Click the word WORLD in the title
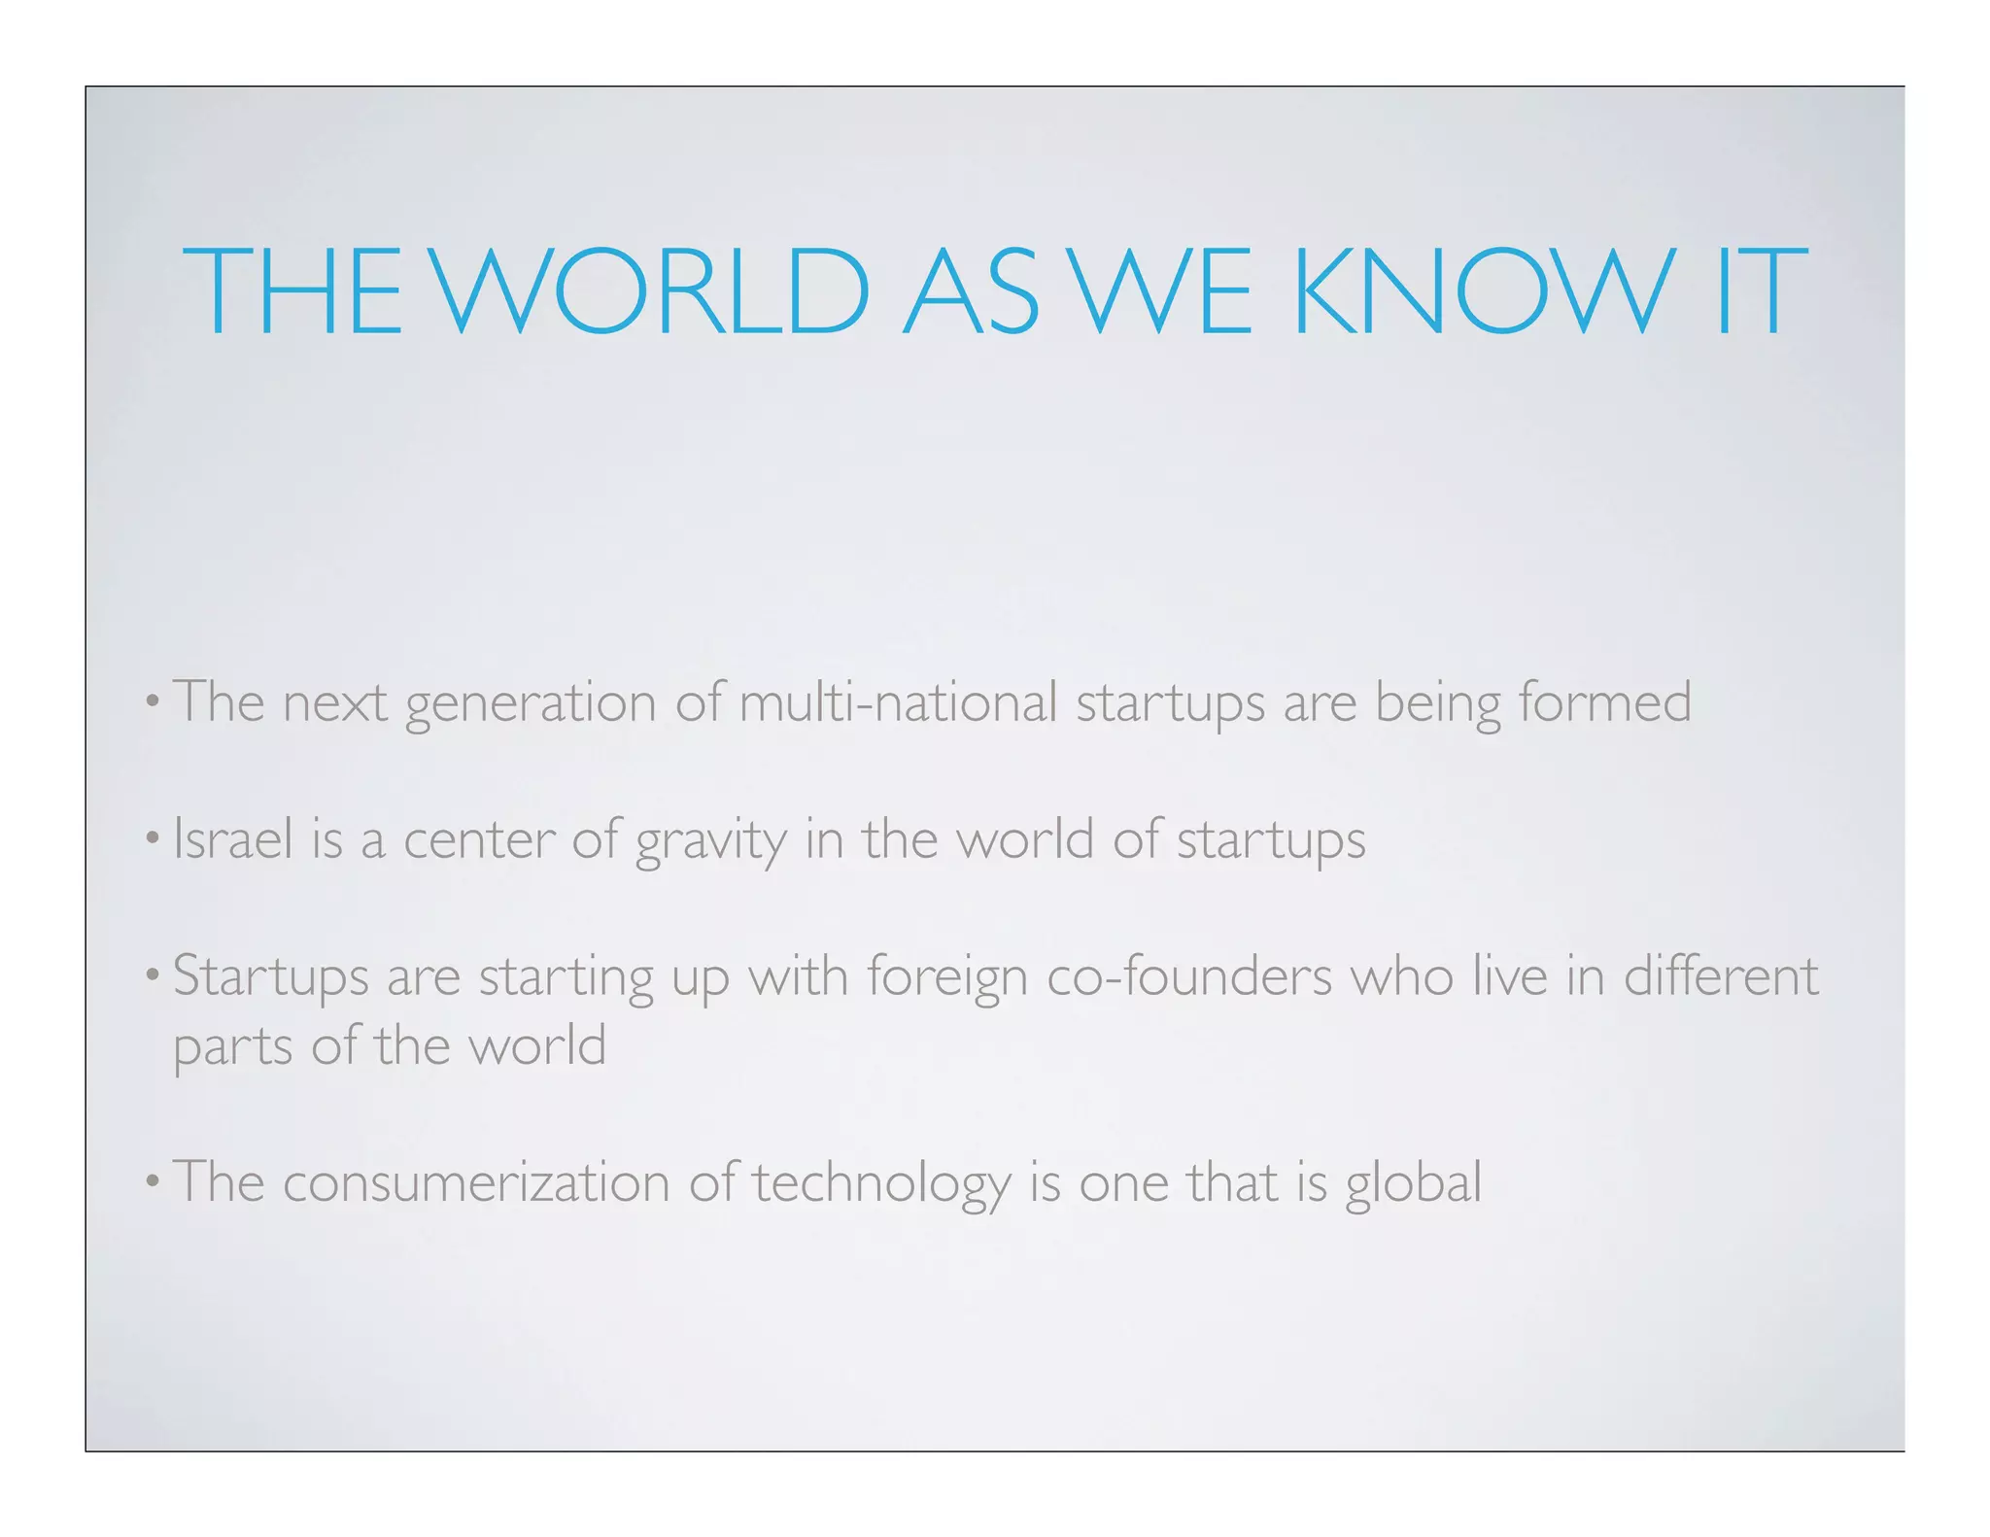649,290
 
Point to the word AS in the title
972,290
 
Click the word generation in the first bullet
531,703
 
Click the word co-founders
1189,975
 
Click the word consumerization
476,1182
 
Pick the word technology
881,1184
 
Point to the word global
1414,1184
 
